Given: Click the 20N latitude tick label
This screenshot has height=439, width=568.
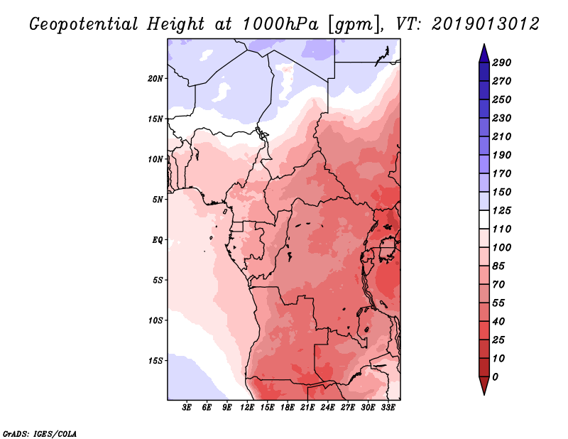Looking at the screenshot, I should point(155,78).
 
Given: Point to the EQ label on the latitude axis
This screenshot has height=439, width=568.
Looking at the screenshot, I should point(158,239).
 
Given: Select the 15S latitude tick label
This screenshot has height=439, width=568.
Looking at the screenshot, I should point(155,360).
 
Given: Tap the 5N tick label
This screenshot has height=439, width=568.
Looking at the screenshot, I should point(158,199).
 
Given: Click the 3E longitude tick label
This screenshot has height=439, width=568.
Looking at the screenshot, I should point(187,408).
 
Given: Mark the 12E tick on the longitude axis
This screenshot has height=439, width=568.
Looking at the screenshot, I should point(247,408).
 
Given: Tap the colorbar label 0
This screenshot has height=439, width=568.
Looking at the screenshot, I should point(495,376).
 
